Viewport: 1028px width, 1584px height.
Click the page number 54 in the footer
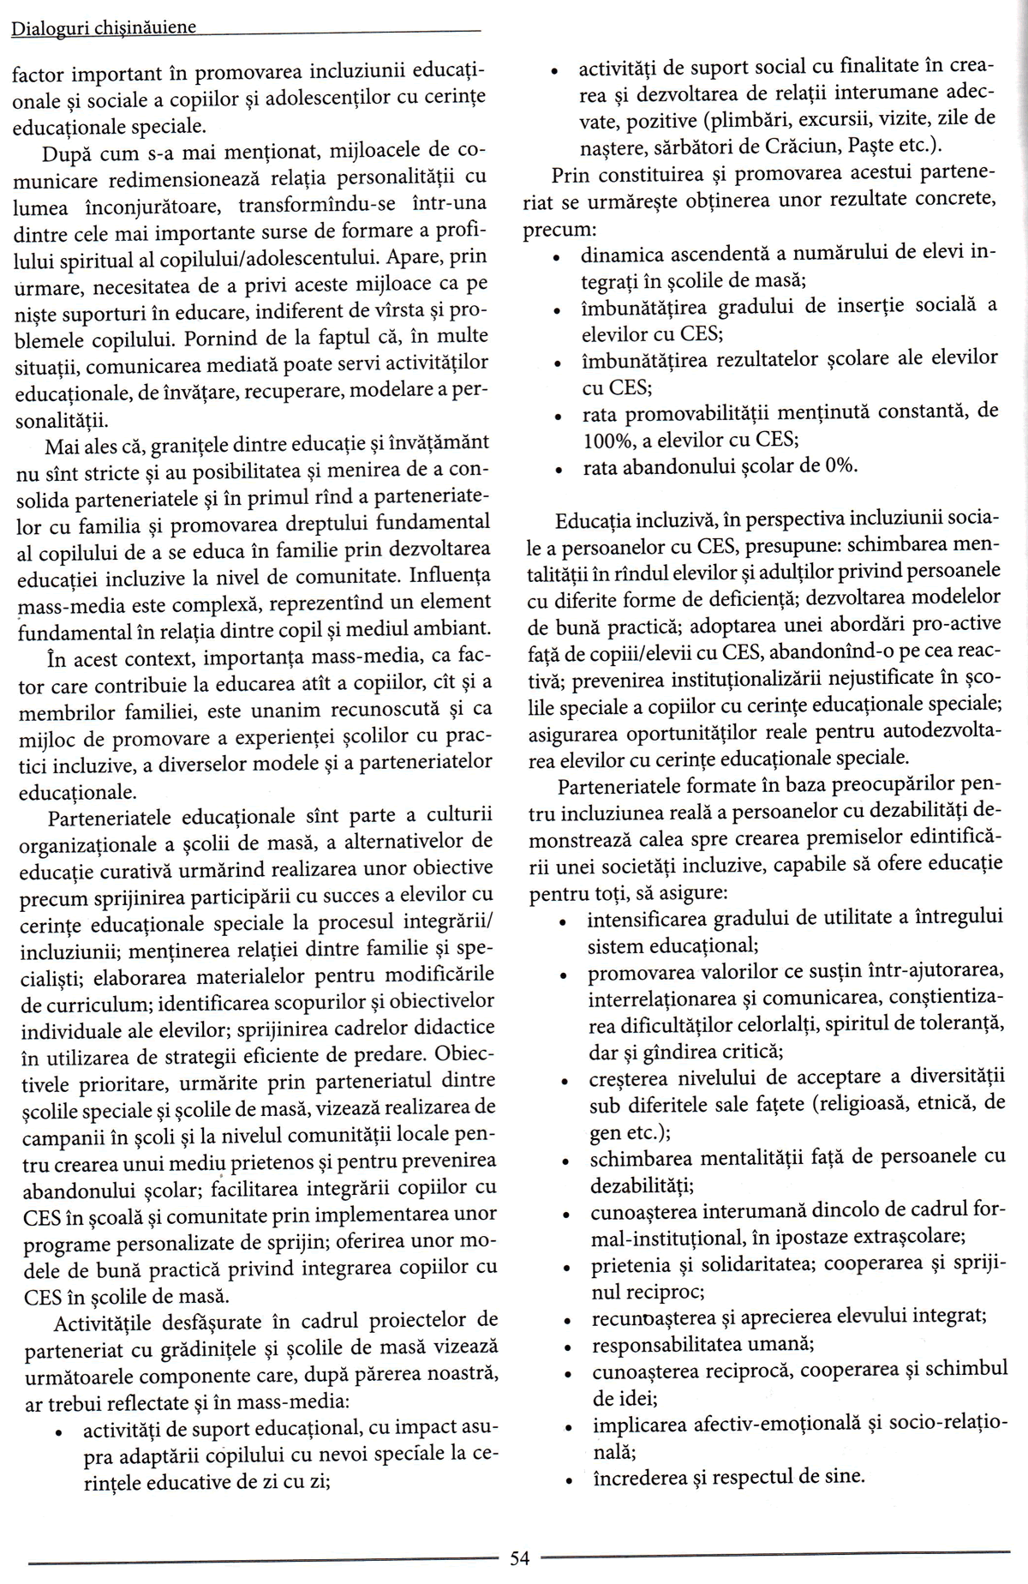point(520,1558)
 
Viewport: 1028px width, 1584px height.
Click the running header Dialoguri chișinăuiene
point(104,27)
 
